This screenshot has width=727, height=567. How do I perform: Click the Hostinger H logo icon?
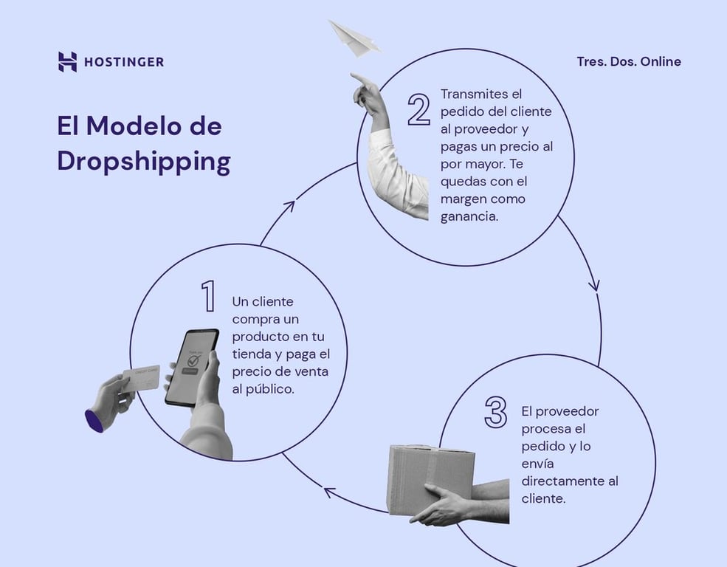pos(67,62)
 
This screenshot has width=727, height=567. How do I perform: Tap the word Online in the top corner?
pos(661,61)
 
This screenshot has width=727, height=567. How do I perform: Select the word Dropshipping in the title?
pos(144,162)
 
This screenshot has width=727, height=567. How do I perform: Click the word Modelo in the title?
pos(131,126)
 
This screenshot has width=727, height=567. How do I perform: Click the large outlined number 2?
pos(418,109)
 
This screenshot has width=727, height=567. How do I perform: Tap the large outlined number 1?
pos(208,296)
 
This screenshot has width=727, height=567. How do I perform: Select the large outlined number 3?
pos(495,412)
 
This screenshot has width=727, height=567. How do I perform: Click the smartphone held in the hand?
pos(190,367)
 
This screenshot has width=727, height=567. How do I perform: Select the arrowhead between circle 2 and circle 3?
pos(595,285)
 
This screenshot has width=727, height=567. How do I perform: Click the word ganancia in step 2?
pos(469,216)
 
